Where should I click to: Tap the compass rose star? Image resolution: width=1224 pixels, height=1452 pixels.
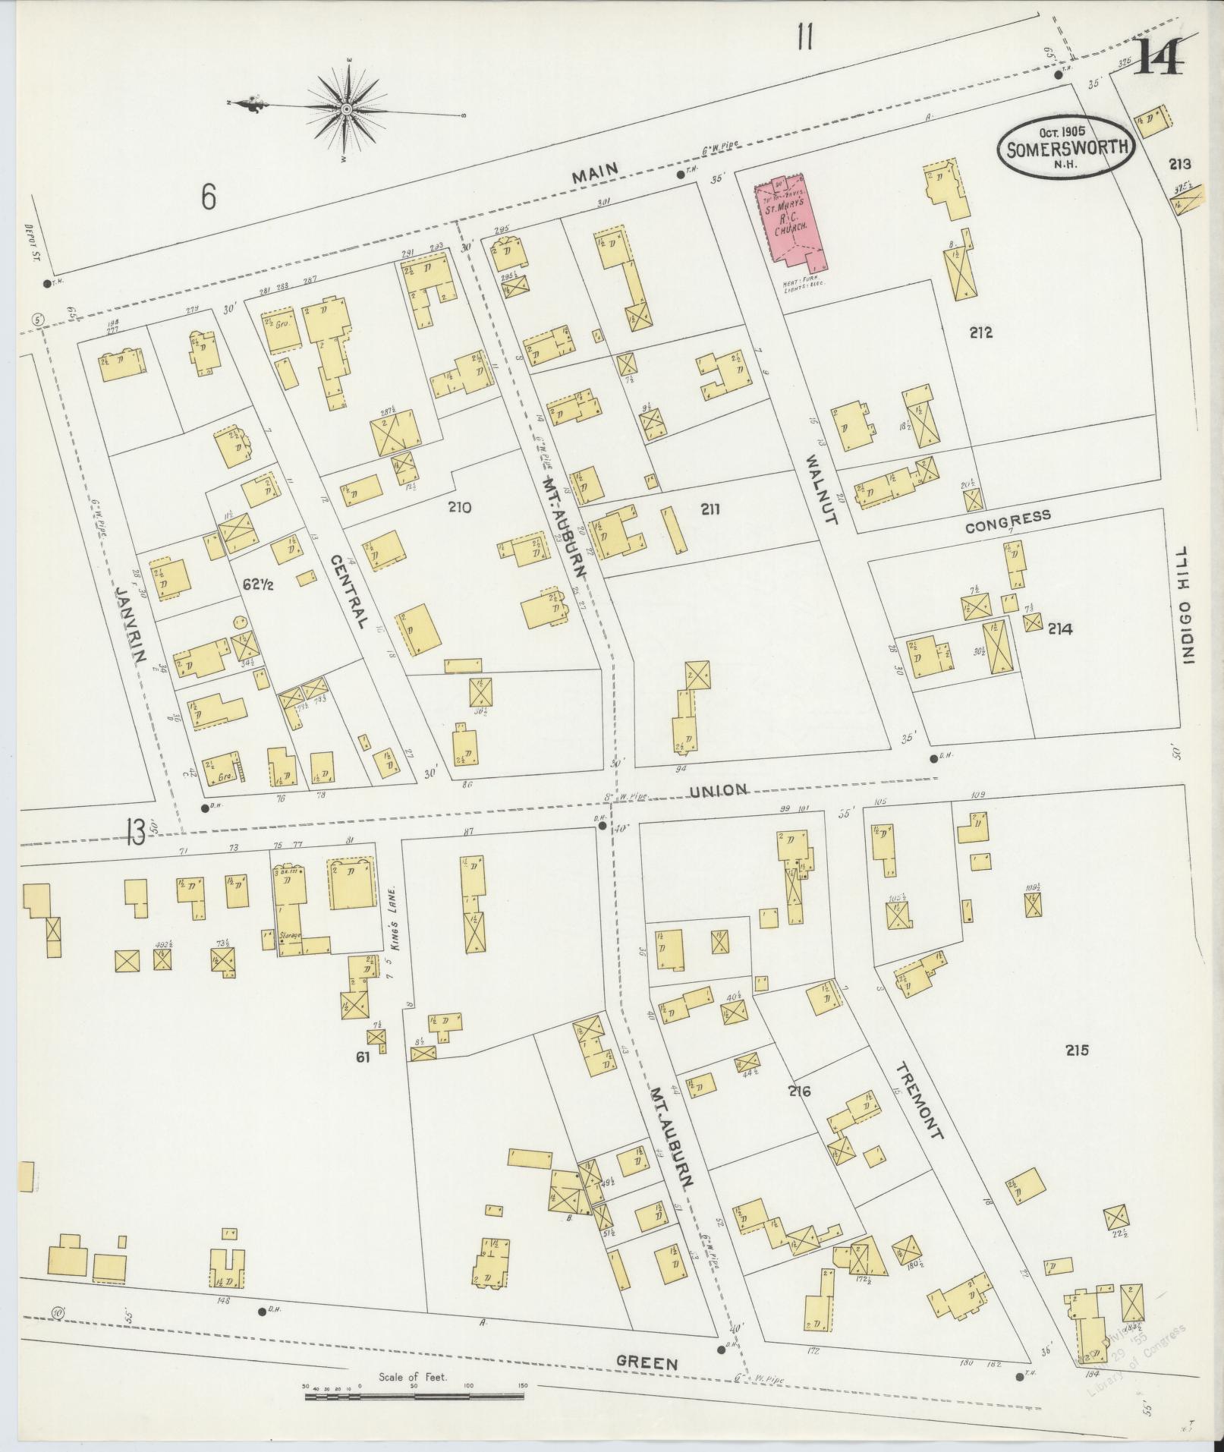[x=347, y=110]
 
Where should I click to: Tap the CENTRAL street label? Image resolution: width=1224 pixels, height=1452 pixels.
[x=349, y=590]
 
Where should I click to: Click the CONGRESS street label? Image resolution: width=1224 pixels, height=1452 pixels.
[x=1008, y=520]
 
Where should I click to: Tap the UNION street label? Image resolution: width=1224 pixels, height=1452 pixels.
[x=719, y=790]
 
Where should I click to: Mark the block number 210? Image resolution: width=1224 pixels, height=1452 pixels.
[x=459, y=507]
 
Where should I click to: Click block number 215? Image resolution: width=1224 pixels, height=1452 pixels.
[x=1077, y=1050]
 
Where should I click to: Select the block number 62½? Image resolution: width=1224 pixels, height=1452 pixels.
[x=257, y=584]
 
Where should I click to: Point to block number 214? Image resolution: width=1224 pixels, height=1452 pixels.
[x=1060, y=628]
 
